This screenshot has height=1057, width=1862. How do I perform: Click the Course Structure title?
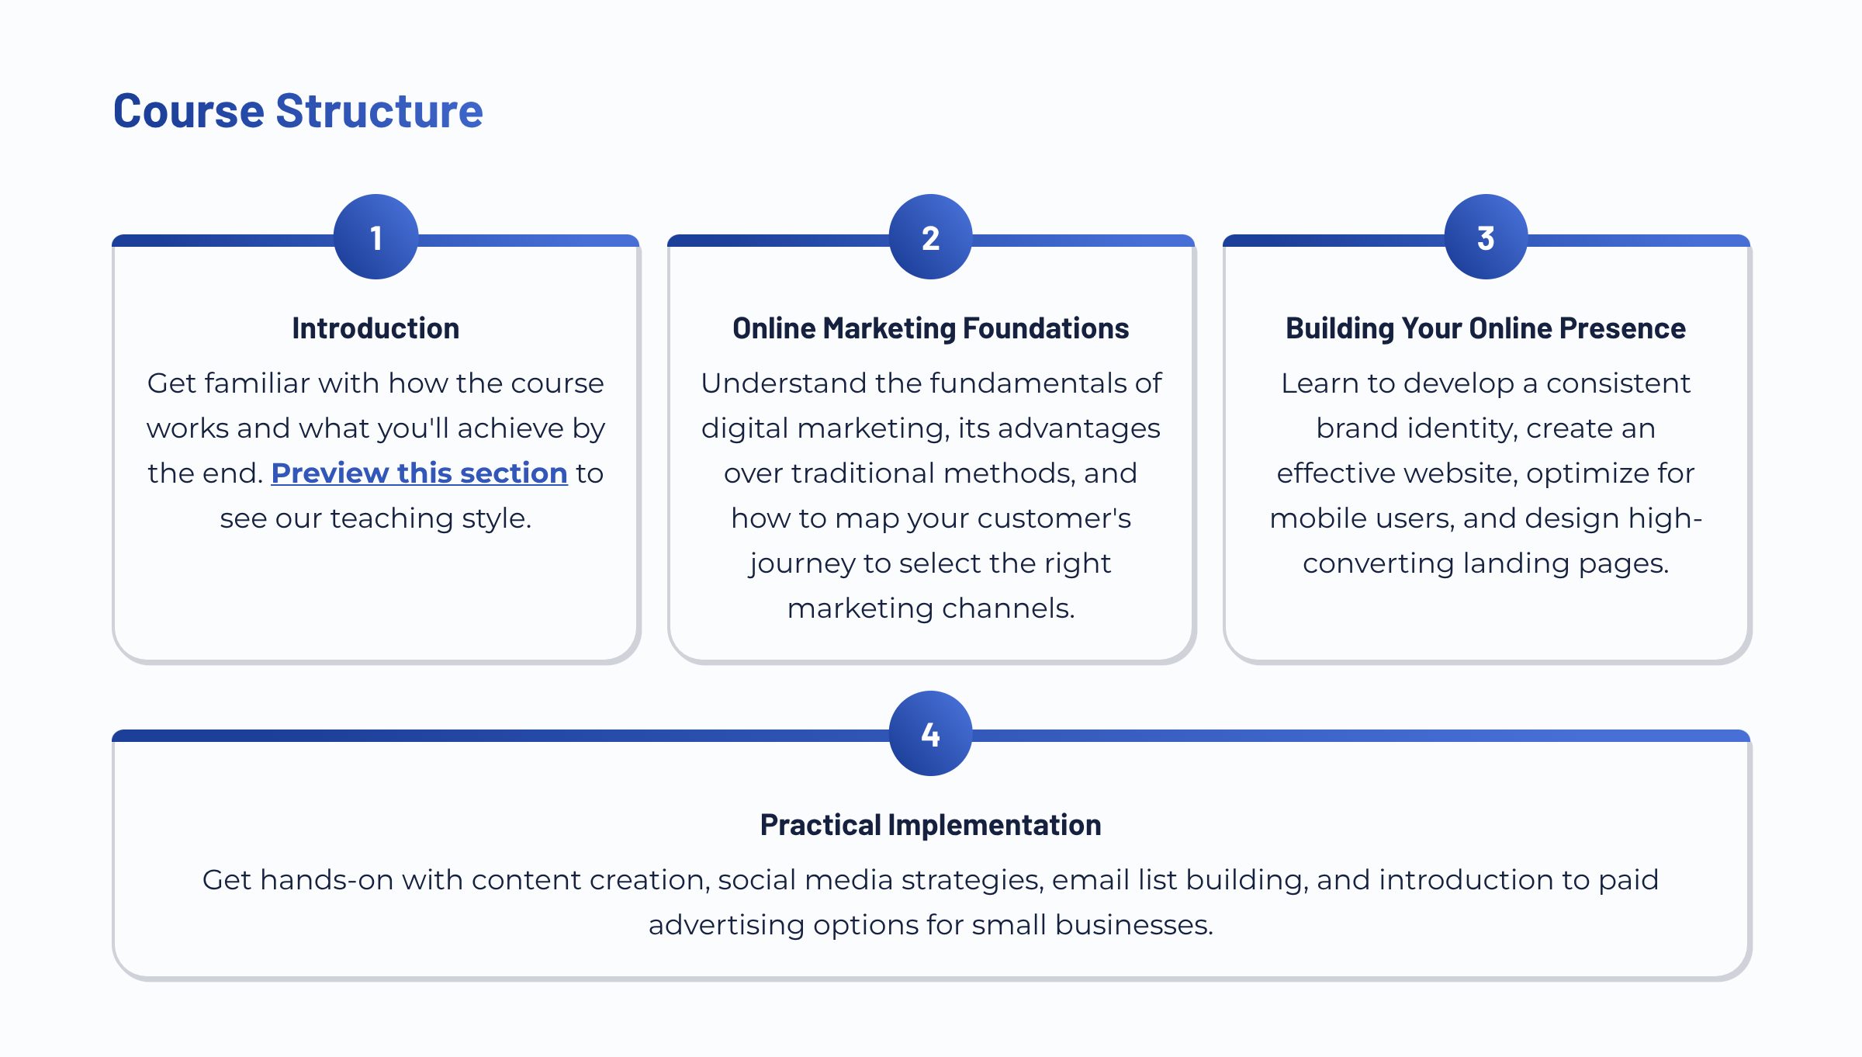pyautogui.click(x=298, y=111)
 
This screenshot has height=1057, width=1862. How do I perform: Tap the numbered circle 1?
pyautogui.click(x=376, y=237)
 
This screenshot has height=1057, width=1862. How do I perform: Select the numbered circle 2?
pyautogui.click(x=931, y=237)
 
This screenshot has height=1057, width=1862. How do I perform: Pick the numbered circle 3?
pyautogui.click(x=1486, y=237)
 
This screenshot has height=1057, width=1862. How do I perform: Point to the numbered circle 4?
pyautogui.click(x=931, y=733)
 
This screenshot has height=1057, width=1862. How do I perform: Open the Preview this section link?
pyautogui.click(x=419, y=473)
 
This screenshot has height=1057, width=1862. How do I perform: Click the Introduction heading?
pyautogui.click(x=376, y=328)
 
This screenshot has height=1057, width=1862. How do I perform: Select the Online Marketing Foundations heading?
pyautogui.click(x=931, y=328)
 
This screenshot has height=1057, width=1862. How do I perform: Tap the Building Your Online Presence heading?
pyautogui.click(x=1486, y=328)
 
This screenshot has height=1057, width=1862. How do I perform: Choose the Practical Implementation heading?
pyautogui.click(x=931, y=825)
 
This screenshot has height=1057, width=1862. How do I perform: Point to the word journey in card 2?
pyautogui.click(x=801, y=564)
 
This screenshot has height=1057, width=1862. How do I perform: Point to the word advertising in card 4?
pyautogui.click(x=726, y=926)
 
